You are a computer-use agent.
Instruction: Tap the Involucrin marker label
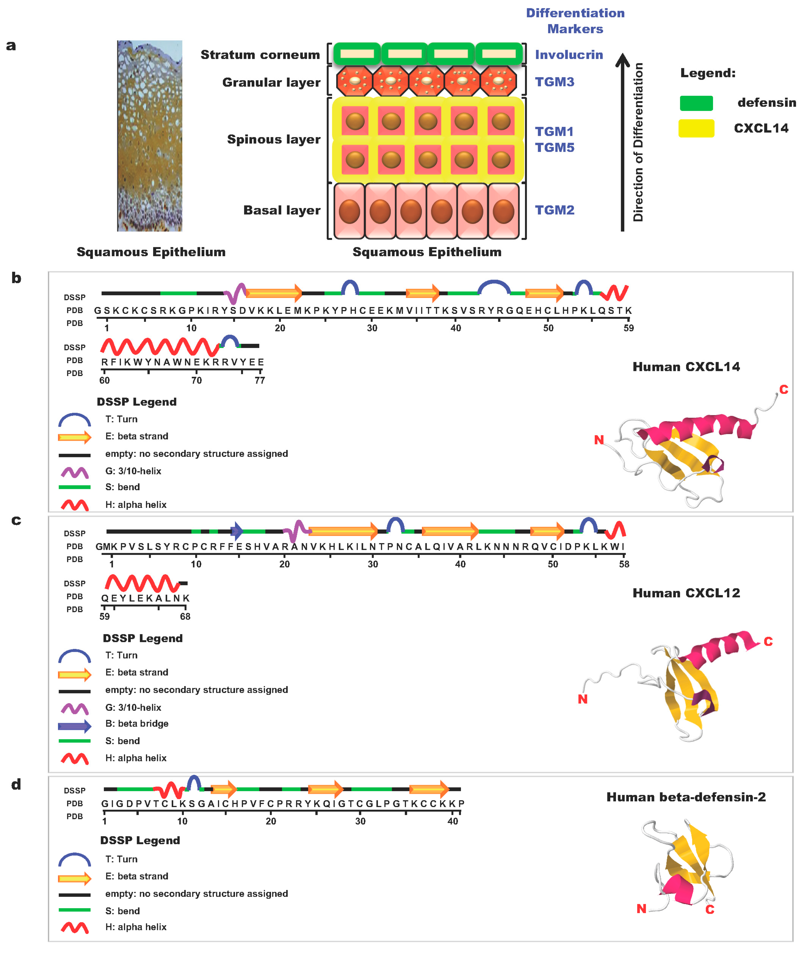tap(569, 55)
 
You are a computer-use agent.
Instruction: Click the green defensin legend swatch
tap(696, 103)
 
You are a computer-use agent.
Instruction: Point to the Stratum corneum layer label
tap(260, 55)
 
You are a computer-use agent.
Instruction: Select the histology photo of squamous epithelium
tap(150, 136)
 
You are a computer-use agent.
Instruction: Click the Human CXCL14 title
tap(686, 367)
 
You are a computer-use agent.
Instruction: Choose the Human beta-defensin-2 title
tap(686, 797)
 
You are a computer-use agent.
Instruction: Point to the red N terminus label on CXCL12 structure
tap(582, 699)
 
